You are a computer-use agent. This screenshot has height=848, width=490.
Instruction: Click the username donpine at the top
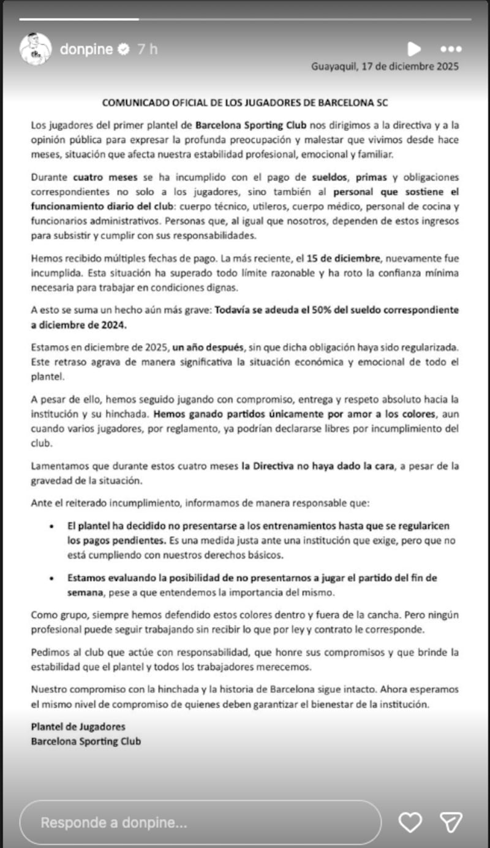[x=86, y=50]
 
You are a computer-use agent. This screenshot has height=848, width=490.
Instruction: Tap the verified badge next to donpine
[x=123, y=50]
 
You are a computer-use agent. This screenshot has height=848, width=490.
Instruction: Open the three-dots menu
[x=451, y=49]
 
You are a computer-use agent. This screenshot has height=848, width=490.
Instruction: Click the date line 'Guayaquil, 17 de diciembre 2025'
[x=385, y=66]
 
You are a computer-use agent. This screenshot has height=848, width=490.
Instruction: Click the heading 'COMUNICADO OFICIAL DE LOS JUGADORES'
[x=245, y=103]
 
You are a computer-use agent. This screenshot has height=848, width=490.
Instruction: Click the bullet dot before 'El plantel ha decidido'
[x=52, y=527]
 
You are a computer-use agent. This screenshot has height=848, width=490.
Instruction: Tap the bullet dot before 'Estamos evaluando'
[x=52, y=578]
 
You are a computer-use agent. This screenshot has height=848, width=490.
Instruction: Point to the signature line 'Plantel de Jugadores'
[x=78, y=727]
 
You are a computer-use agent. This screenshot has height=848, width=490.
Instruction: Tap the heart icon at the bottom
[x=409, y=822]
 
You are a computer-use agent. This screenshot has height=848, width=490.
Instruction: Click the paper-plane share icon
[x=451, y=822]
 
